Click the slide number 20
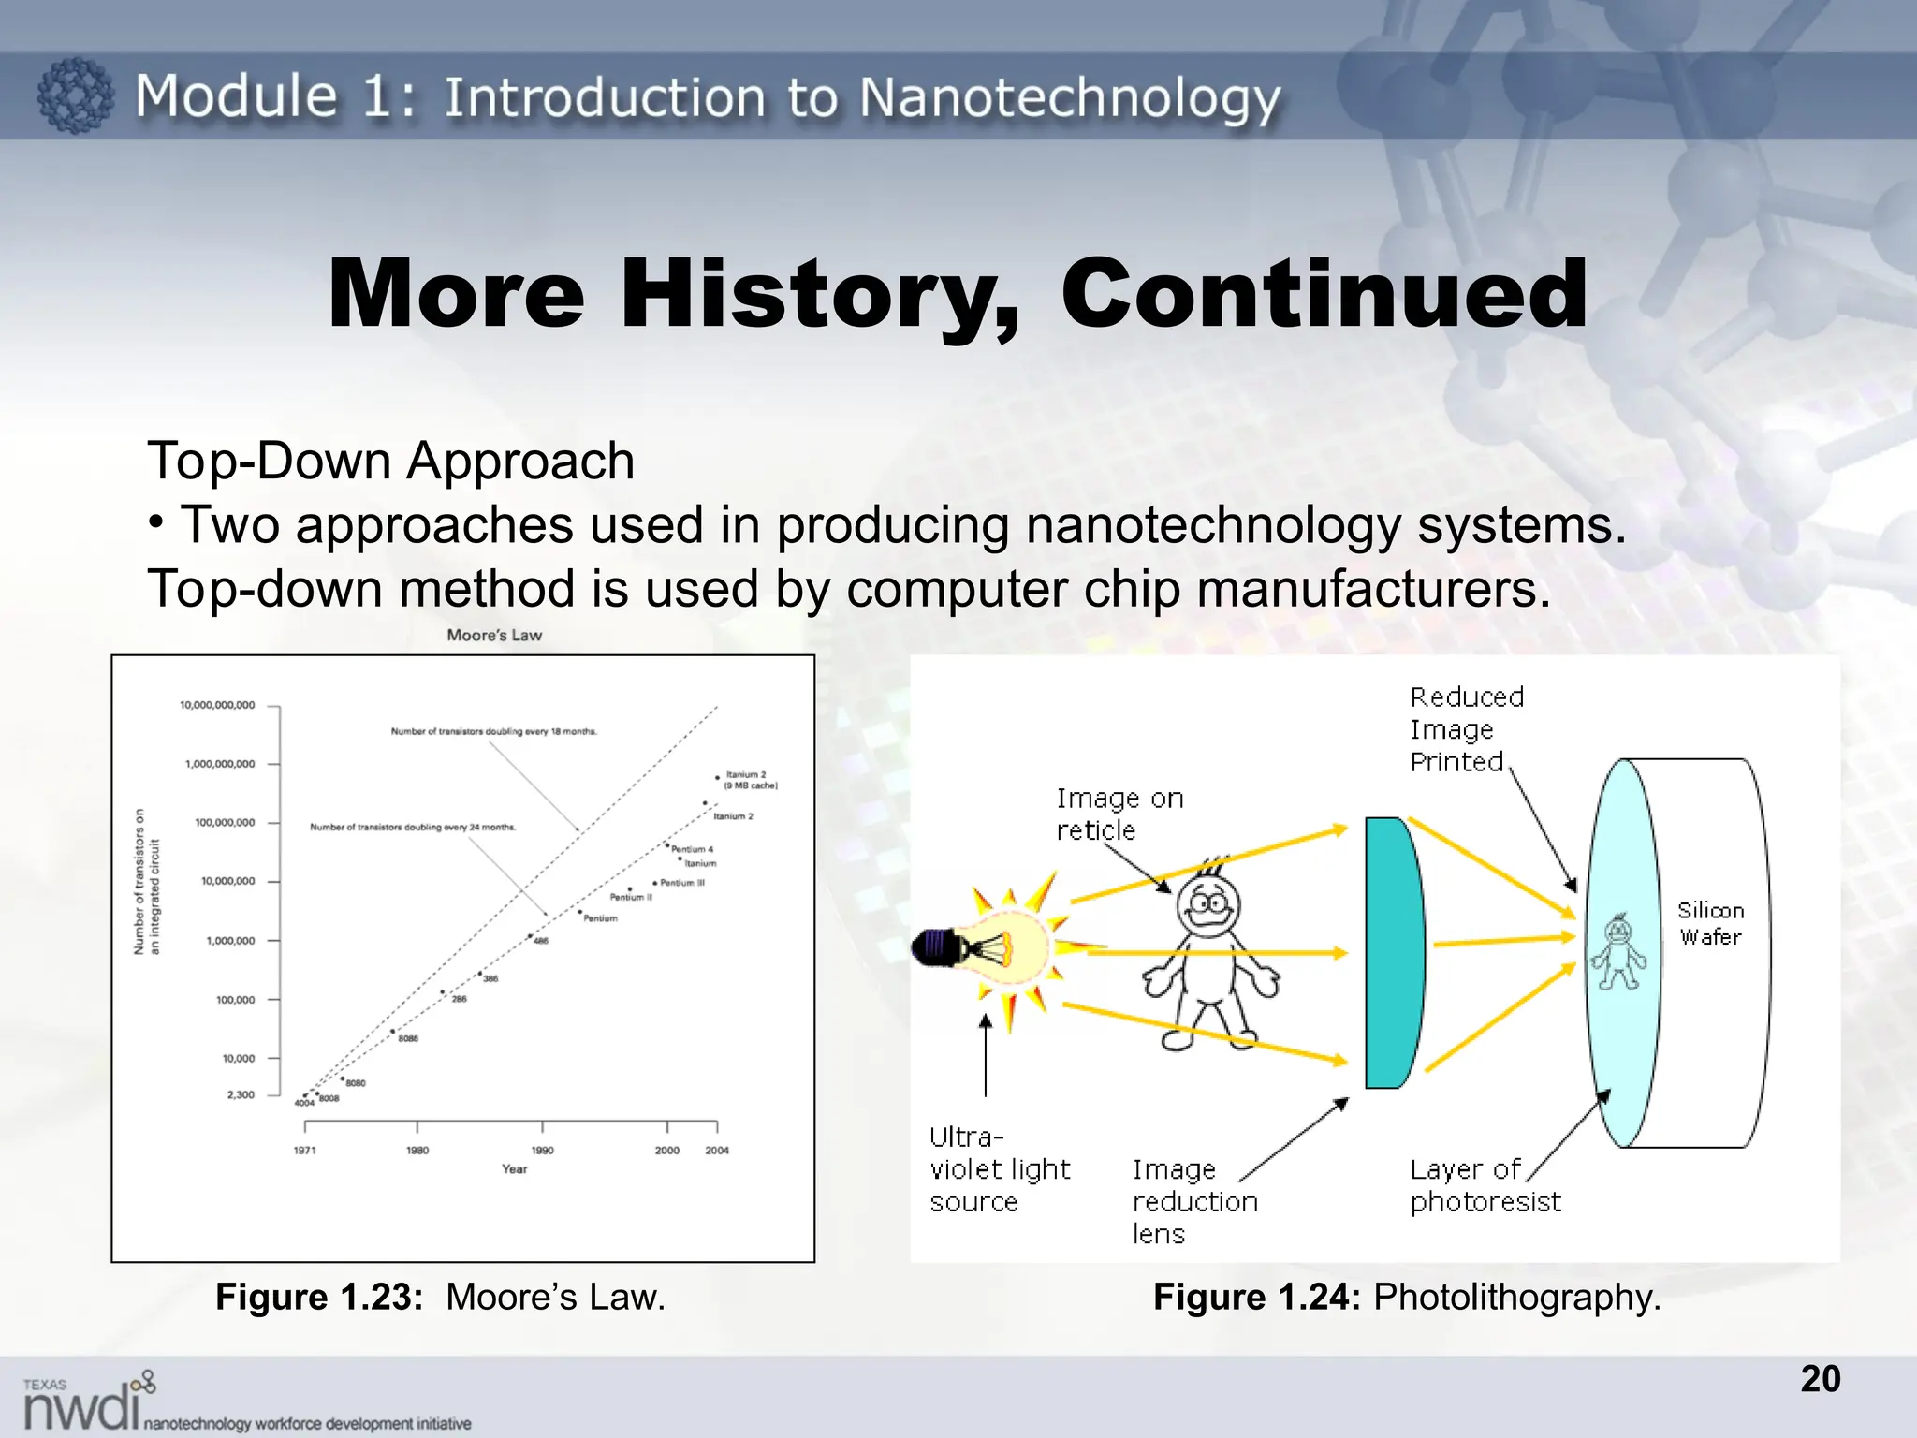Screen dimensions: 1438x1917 click(x=1820, y=1378)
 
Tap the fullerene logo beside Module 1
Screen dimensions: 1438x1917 click(x=75, y=95)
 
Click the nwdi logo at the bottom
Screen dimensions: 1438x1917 click(x=89, y=1401)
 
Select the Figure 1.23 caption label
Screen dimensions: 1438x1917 click(x=319, y=1297)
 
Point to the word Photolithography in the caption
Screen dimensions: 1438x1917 click(x=1516, y=1297)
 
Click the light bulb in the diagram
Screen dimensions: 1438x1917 click(x=992, y=947)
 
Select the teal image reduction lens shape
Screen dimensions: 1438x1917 click(x=1393, y=952)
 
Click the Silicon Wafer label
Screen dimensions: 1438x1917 click(x=1710, y=923)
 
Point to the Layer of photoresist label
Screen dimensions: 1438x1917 click(x=1485, y=1185)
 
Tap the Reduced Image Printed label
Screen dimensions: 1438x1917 click(x=1466, y=728)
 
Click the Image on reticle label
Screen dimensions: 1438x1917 click(x=1119, y=814)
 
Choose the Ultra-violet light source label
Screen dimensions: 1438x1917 click(x=999, y=1168)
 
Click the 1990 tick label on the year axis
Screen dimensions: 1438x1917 click(x=542, y=1150)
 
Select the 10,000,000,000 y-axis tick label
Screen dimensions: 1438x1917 click(x=217, y=705)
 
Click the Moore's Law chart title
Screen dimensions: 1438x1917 click(x=494, y=635)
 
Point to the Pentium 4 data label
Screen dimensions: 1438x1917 click(x=692, y=849)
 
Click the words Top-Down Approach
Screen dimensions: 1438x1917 click(x=390, y=461)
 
